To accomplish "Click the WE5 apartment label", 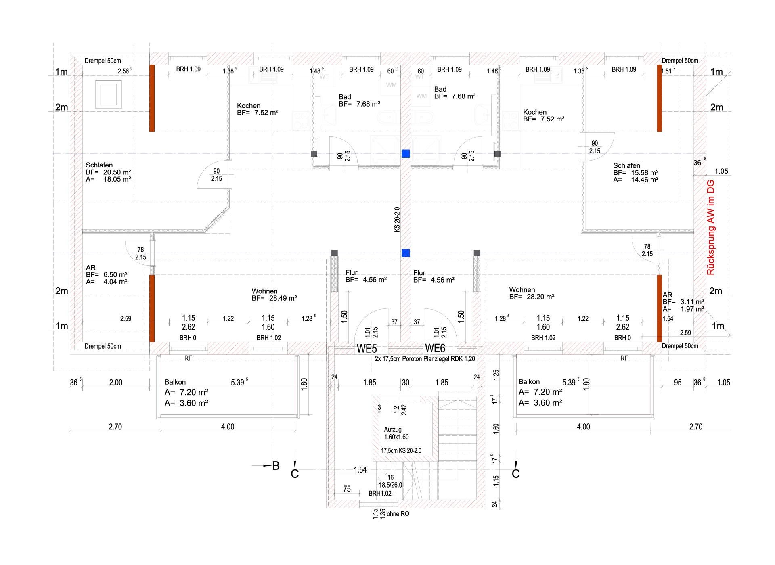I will (x=367, y=348).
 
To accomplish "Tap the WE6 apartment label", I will (x=435, y=348).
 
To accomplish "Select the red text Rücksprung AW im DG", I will (x=711, y=228).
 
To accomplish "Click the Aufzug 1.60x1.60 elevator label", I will (x=396, y=433).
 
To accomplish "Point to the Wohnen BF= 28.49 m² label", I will (x=274, y=295).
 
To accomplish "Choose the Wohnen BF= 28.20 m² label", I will (x=532, y=293).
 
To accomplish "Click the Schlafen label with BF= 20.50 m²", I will (x=108, y=172).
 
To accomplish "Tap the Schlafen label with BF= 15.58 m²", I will (x=636, y=172).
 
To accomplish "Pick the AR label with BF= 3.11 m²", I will (x=683, y=302).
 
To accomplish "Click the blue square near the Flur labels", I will (x=406, y=253).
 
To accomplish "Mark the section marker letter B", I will (x=276, y=466).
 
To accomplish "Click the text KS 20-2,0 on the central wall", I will (x=397, y=220).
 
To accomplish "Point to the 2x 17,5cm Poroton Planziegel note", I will (x=425, y=359).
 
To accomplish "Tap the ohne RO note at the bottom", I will (x=398, y=514).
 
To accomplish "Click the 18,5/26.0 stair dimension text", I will (x=390, y=485).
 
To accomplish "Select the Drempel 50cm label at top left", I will (x=103, y=61).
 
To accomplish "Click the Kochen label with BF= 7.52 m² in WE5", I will (x=258, y=109).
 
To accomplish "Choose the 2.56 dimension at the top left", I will (x=124, y=71).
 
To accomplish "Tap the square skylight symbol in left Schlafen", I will (x=108, y=94).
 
